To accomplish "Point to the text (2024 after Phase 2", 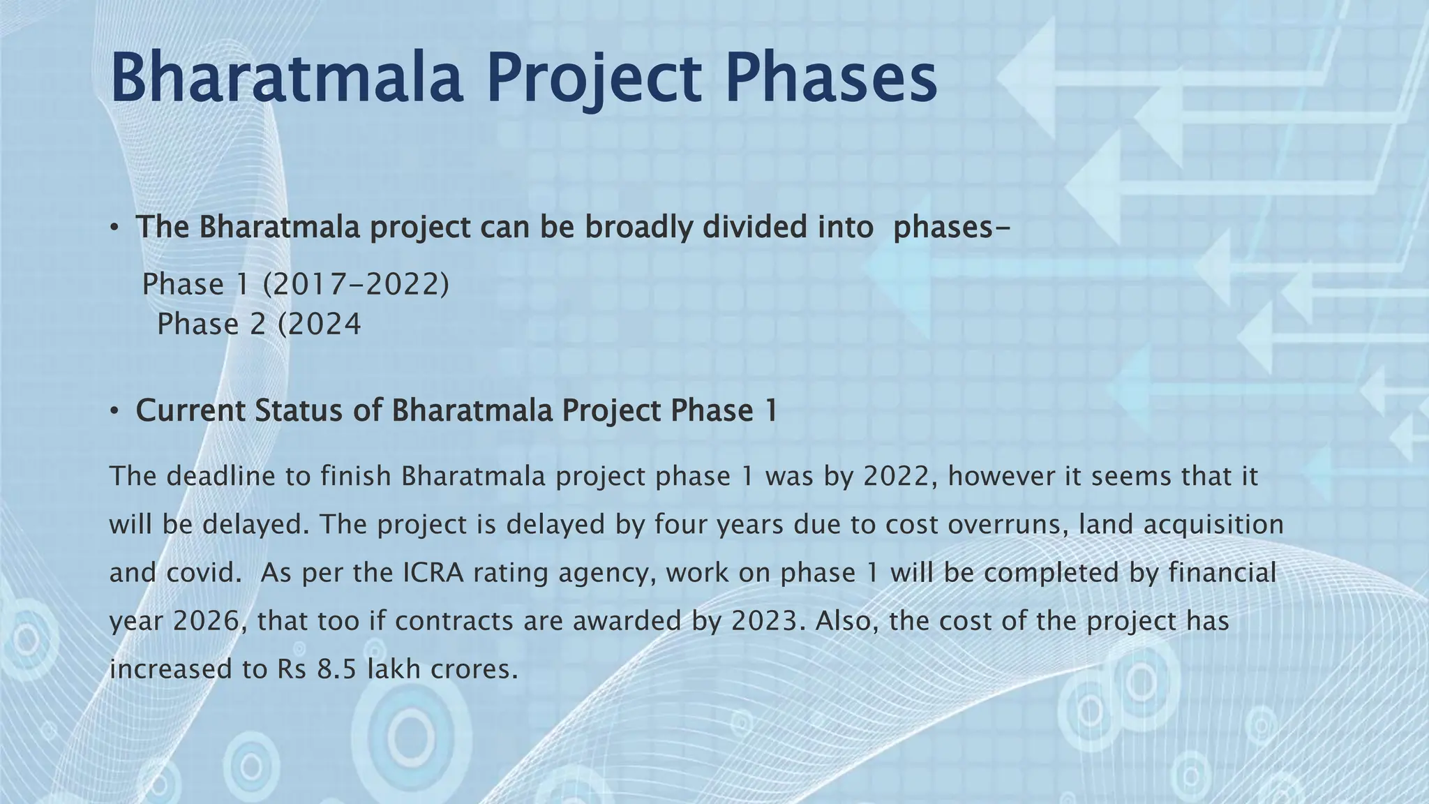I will pyautogui.click(x=320, y=325).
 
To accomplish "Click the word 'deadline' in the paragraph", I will pyautogui.click(x=221, y=476).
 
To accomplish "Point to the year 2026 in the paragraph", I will pyautogui.click(x=207, y=620).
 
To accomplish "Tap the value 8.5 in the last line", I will pyautogui.click(x=337, y=669).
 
